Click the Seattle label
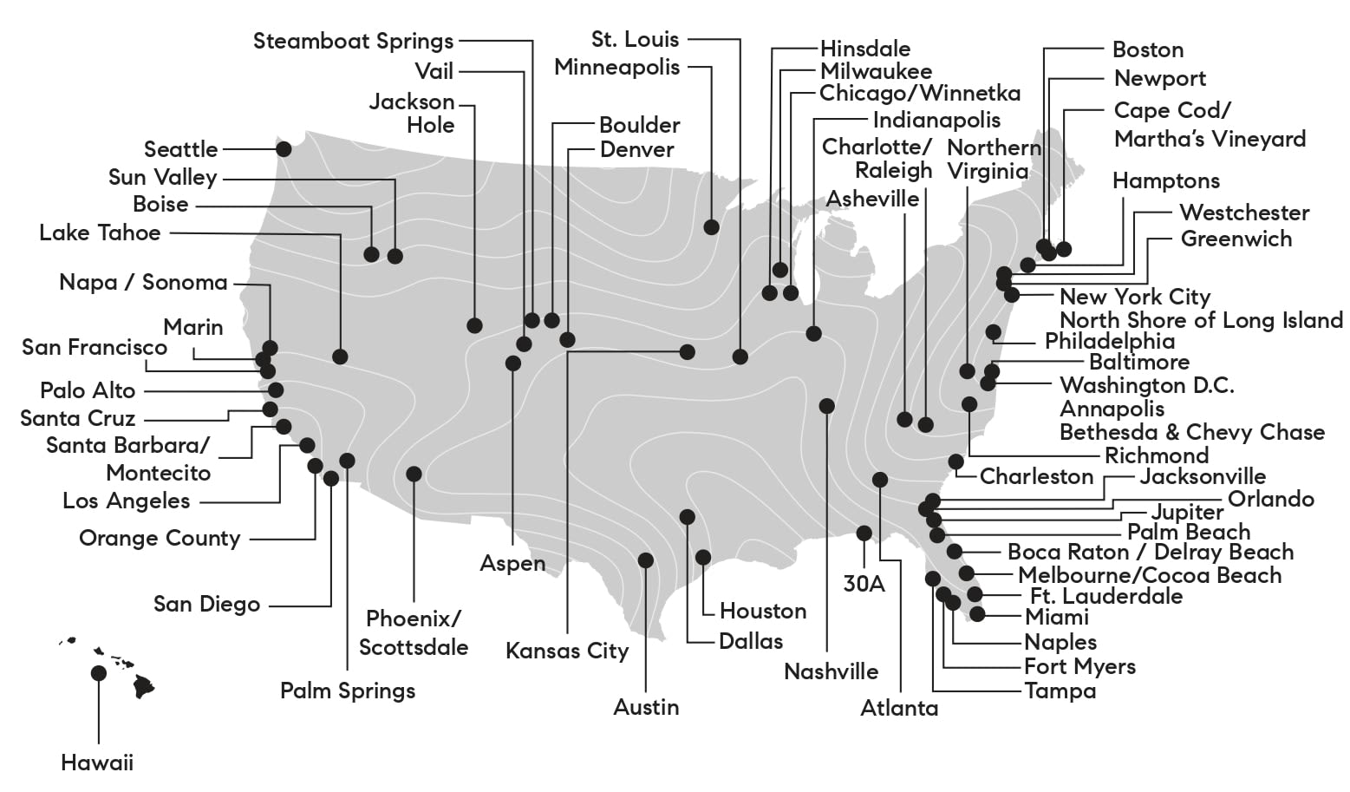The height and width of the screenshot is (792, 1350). (180, 149)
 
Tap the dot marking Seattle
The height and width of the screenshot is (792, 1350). (284, 149)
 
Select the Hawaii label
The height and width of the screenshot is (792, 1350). (97, 763)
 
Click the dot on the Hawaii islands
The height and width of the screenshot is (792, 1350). (99, 673)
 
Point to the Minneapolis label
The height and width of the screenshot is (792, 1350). (616, 67)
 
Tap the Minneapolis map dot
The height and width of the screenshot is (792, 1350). (712, 227)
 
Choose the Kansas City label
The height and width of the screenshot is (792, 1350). (567, 651)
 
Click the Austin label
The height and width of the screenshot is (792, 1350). (646, 707)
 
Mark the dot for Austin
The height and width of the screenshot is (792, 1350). (645, 560)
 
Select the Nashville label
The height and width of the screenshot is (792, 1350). (831, 671)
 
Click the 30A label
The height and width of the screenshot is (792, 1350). (864, 584)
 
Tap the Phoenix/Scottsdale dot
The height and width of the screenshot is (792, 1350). (414, 474)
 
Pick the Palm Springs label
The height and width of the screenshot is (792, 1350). (348, 691)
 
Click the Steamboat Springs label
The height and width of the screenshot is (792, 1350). (353, 41)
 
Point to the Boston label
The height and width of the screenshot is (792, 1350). (1147, 49)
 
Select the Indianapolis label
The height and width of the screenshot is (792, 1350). (936, 120)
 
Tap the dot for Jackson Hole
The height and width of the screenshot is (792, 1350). (474, 325)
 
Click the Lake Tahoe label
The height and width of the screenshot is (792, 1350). (100, 232)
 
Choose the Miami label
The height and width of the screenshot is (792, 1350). (1056, 617)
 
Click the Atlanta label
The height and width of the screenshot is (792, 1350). (899, 708)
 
